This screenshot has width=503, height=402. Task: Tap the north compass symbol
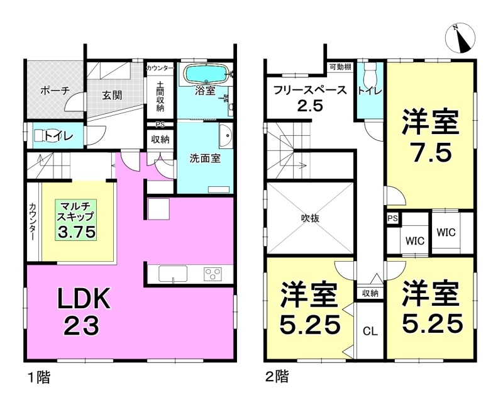coord(460,38)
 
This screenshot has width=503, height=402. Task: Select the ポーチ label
coord(55,91)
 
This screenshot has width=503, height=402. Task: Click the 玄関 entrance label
coord(112,95)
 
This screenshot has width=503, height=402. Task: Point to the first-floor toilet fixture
coord(41,136)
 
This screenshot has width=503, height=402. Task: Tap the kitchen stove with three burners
coord(213,274)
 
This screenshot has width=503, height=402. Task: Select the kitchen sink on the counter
coord(173,274)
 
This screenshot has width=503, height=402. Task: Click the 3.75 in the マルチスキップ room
coord(77,231)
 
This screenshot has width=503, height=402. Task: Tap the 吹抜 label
coord(310,218)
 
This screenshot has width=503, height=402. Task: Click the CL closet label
coord(370,331)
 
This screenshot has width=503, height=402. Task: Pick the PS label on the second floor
coord(392,219)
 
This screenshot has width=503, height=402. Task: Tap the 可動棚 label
coord(340,67)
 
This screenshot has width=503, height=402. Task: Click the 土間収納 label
coord(160,96)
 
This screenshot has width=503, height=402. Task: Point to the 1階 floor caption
coord(39,377)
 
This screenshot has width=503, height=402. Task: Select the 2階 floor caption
coord(277,376)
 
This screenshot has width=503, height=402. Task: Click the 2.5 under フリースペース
coord(310,106)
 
